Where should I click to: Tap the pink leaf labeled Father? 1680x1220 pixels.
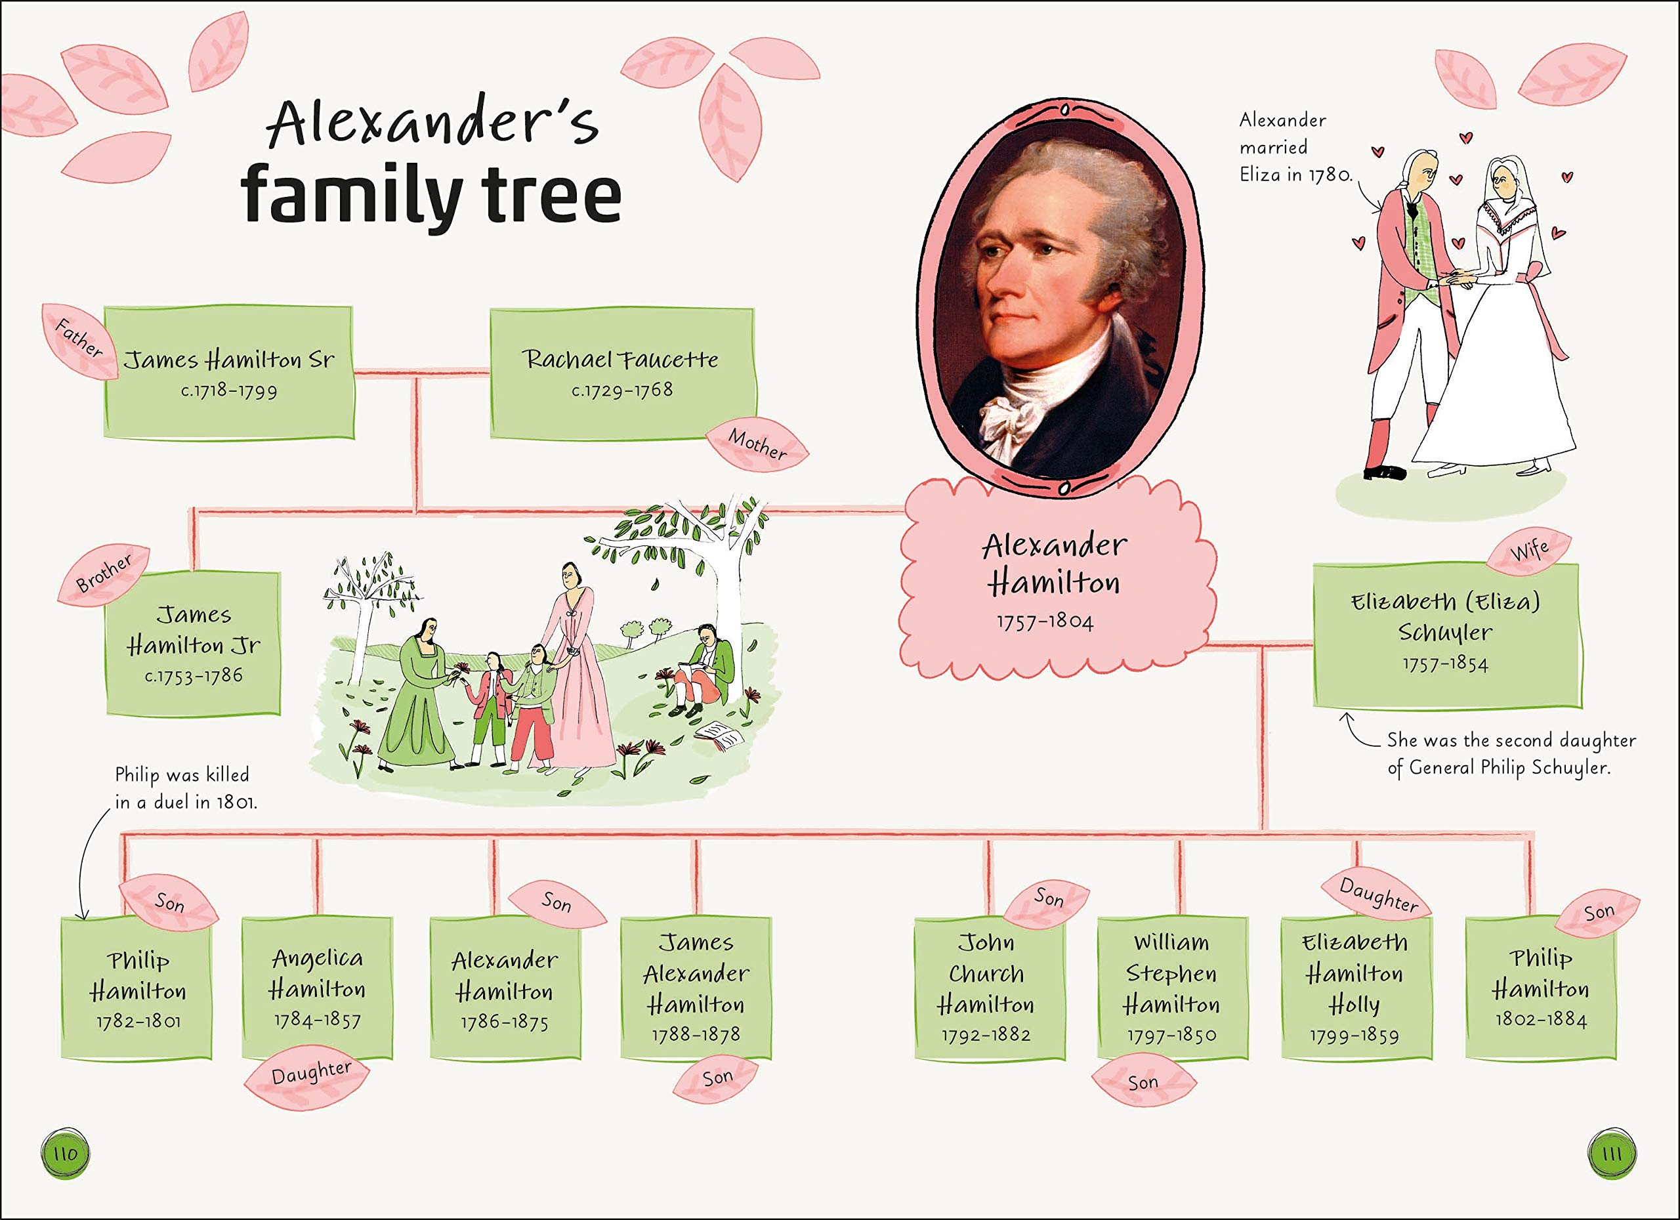(79, 340)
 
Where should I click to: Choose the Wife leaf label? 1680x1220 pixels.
(1529, 551)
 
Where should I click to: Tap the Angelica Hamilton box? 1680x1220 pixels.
(317, 988)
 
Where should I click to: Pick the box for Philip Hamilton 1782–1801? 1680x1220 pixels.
(137, 989)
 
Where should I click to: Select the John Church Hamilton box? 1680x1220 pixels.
(986, 988)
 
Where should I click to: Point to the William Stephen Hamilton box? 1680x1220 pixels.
(1172, 988)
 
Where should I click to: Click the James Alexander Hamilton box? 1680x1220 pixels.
(696, 988)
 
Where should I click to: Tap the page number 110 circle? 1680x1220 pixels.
(65, 1153)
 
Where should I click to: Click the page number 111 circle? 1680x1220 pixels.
(1612, 1153)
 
